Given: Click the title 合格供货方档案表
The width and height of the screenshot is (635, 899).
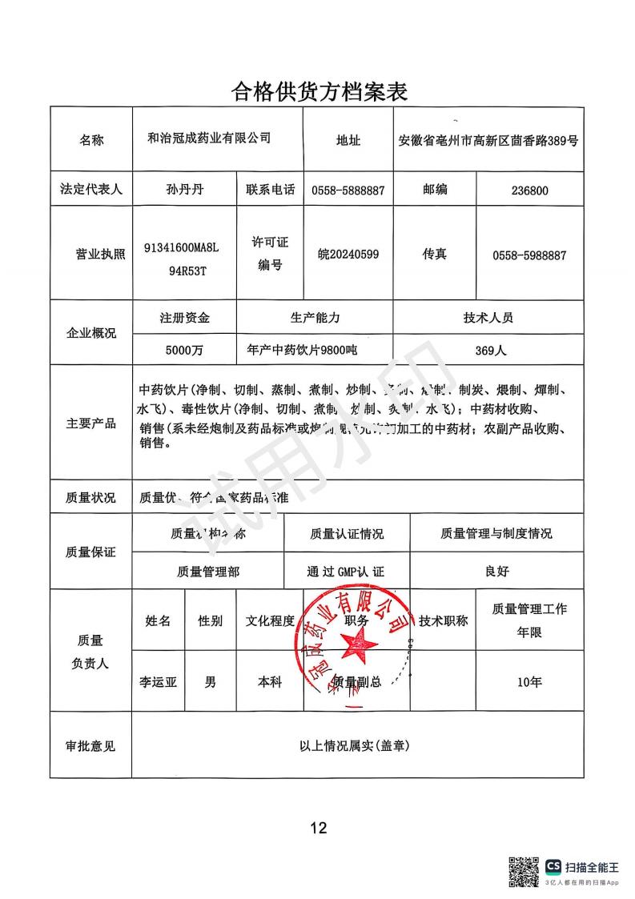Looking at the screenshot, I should [320, 91].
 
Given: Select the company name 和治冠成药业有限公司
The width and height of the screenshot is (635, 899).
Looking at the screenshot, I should [210, 138].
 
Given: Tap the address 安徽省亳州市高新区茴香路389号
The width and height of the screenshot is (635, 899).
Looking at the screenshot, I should [488, 141].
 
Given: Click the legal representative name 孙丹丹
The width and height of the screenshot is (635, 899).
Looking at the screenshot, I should [184, 191].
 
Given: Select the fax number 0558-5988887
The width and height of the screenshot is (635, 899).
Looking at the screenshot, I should [529, 255].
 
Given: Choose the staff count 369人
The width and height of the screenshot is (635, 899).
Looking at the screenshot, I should [488, 350].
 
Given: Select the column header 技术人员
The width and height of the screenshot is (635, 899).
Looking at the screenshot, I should [488, 317].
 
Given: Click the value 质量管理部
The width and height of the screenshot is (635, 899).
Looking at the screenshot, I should [207, 572].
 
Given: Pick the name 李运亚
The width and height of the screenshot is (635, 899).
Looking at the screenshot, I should [158, 683].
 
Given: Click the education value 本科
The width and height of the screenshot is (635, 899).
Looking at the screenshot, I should [270, 683].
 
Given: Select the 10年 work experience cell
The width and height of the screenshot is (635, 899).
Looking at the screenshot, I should [529, 683].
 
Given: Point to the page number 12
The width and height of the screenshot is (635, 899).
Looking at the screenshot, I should [319, 828].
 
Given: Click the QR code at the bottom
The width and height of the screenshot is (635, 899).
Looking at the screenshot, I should [524, 872].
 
